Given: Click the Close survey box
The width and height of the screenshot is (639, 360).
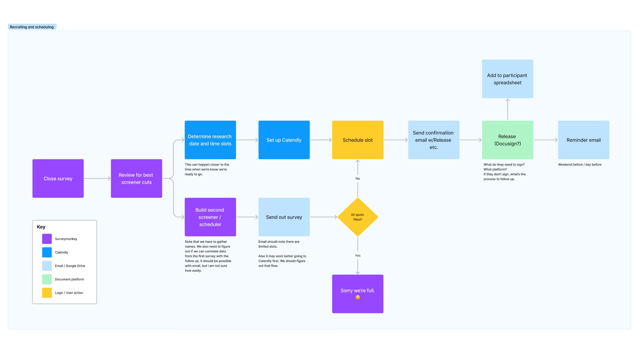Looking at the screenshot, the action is point(58,179).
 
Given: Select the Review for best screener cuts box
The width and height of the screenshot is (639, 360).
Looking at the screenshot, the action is point(136,179).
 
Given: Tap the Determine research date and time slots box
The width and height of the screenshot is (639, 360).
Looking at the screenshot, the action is point(210,140).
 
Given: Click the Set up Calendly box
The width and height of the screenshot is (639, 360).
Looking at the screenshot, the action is point(284,140).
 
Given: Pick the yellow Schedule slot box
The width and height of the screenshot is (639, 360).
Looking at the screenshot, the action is point(358,140).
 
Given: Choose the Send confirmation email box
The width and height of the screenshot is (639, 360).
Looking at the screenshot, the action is point(434,140).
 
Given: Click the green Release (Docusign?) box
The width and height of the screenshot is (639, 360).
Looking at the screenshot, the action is point(508,140).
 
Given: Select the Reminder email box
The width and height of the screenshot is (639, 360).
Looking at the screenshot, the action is point(584,140).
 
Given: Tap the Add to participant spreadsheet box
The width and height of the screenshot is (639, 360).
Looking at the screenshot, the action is point(508,79).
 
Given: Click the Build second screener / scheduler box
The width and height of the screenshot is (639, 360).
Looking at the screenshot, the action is point(210,217).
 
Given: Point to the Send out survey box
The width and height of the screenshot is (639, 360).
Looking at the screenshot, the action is point(284,217).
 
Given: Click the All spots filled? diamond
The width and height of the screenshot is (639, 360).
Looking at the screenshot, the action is point(358,217).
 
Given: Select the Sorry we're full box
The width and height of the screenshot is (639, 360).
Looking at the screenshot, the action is point(358,294).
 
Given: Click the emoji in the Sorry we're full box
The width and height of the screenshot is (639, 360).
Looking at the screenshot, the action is point(358,297).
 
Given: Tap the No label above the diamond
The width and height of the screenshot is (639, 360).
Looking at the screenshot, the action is point(358,179).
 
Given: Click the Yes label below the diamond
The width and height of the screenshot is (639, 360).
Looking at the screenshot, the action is point(358,256).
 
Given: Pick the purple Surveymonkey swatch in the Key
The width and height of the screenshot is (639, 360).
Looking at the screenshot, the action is point(47,239).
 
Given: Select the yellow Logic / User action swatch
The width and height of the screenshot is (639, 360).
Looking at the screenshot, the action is point(47,293).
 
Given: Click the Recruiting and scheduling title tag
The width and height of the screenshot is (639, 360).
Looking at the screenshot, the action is point(32,27).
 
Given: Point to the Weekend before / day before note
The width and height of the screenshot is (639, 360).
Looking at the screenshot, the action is point(580,165).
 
